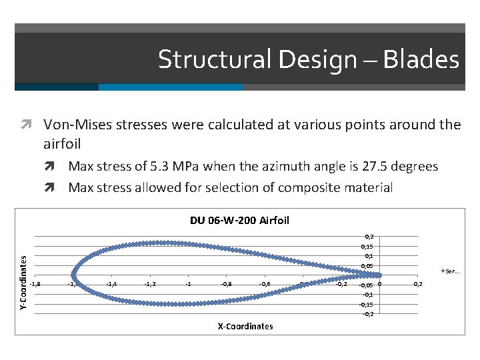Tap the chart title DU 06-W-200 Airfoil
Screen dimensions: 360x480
[x=239, y=220]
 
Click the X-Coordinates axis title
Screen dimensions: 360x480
[x=245, y=326]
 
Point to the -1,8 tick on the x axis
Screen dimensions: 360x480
[x=35, y=283]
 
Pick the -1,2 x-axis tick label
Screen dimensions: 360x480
[x=151, y=283]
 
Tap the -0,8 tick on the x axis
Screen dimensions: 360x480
[x=227, y=283]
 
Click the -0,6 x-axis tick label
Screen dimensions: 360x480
[x=265, y=283]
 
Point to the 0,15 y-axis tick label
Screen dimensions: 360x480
[x=367, y=246]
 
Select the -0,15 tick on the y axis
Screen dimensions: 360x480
[x=366, y=303]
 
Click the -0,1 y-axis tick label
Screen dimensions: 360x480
[x=367, y=294]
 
